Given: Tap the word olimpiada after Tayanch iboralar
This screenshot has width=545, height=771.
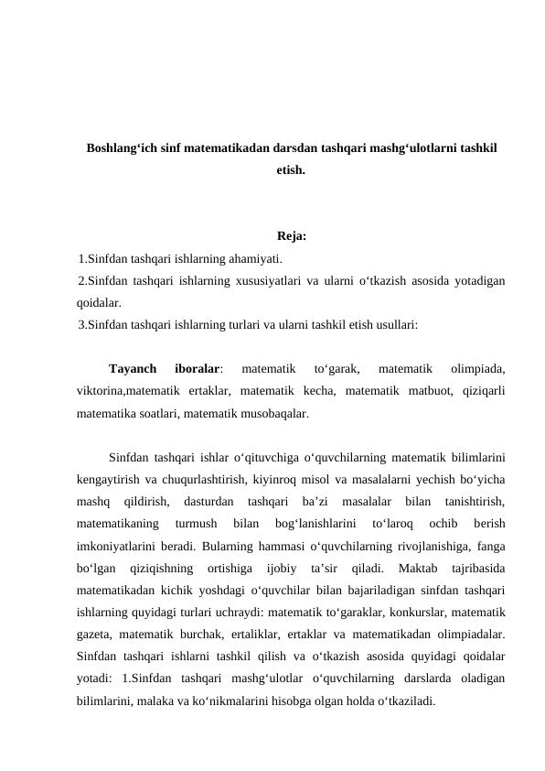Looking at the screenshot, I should click(476, 370).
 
